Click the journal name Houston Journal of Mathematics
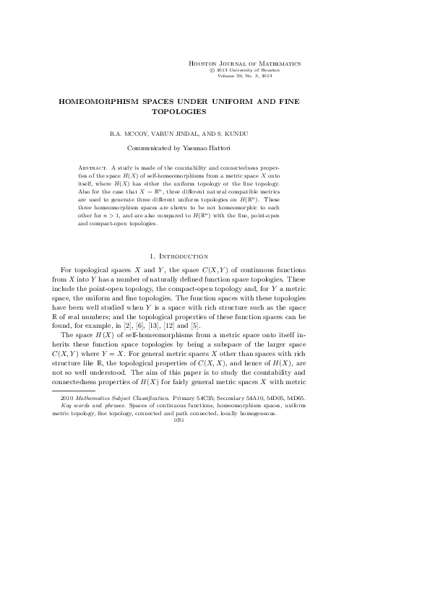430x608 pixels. pos(244,64)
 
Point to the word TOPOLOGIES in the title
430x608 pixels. pos(179,112)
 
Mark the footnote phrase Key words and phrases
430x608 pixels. pos(90,406)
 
